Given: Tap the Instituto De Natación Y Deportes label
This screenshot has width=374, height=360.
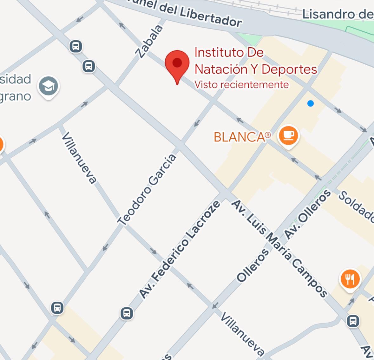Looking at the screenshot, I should pyautogui.click(x=255, y=61).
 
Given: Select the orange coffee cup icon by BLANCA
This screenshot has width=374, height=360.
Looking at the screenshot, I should pyautogui.click(x=288, y=135).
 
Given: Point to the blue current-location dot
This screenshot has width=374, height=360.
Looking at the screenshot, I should pyautogui.click(x=311, y=103).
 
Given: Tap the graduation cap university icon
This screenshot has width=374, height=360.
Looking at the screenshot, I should pyautogui.click(x=48, y=86).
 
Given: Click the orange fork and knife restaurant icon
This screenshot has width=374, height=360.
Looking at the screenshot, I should pyautogui.click(x=350, y=279).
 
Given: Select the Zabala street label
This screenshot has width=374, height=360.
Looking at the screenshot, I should pyautogui.click(x=149, y=42).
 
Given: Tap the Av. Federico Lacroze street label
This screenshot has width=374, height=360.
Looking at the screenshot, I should pyautogui.click(x=180, y=250).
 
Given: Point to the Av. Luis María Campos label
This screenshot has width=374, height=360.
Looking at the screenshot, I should pyautogui.click(x=279, y=249).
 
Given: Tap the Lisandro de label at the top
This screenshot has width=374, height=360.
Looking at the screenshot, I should pyautogui.click(x=338, y=14).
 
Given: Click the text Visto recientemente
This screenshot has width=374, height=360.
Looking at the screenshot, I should pyautogui.click(x=241, y=85).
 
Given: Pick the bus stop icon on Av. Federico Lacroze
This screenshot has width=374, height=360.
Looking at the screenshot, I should pyautogui.click(x=127, y=313).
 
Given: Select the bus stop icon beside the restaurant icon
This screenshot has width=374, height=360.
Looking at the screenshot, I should pyautogui.click(x=353, y=321).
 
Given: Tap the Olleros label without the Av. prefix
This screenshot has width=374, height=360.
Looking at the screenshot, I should pyautogui.click(x=253, y=265).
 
